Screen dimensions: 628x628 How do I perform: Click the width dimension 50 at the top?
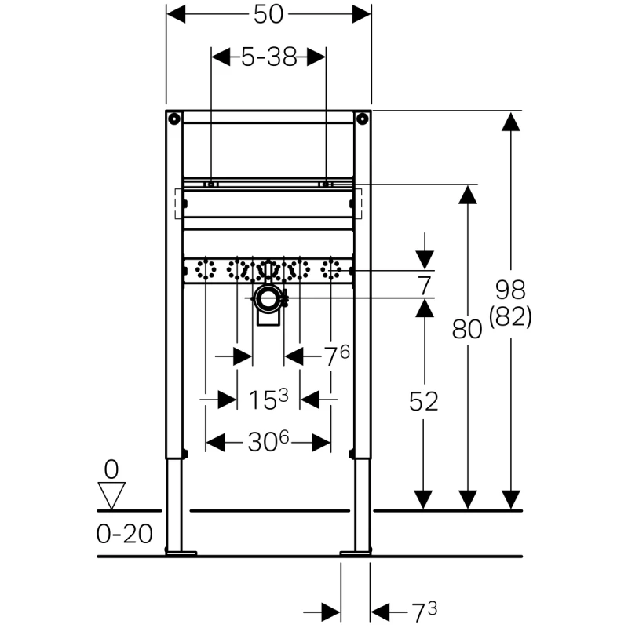(268, 14)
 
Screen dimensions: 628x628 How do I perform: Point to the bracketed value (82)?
(510, 316)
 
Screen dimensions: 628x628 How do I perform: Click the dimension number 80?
(468, 330)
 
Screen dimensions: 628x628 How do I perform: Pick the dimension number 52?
(424, 401)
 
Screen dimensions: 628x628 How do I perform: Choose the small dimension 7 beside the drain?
(424, 283)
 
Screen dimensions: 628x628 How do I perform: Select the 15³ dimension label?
(269, 400)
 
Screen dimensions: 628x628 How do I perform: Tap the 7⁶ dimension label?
(338, 357)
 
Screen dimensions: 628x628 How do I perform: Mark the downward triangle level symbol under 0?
(112, 495)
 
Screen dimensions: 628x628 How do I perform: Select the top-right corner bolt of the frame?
(362, 119)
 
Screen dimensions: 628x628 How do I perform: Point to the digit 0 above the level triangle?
(111, 470)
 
